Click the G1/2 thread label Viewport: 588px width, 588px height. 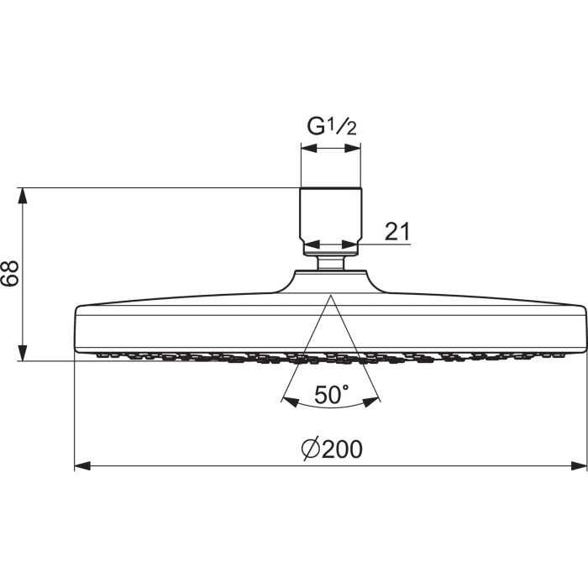tap(332, 126)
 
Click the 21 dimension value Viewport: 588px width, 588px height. tap(397, 231)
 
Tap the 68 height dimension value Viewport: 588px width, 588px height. tap(10, 273)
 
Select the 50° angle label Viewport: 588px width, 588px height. tap(332, 395)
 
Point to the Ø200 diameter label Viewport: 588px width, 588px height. tap(333, 449)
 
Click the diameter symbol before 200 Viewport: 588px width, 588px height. tap(311, 449)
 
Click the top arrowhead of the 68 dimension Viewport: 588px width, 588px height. tap(23, 196)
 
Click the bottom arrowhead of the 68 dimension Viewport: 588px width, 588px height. tap(23, 353)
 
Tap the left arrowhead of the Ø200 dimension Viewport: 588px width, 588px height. tap(82, 466)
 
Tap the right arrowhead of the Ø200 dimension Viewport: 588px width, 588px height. tap(579, 466)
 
